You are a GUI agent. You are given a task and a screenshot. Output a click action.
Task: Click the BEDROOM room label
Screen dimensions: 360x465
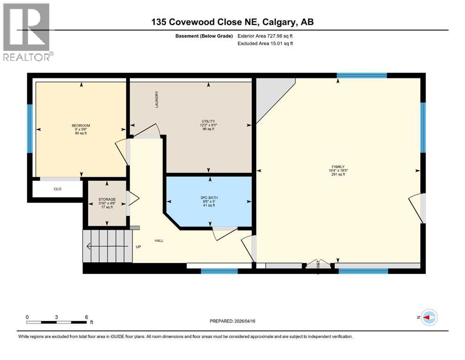[x=81, y=125]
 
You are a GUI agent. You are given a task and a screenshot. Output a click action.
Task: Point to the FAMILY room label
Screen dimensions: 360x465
[x=338, y=166]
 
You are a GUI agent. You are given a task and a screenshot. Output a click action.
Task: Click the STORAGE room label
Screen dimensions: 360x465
[x=106, y=199]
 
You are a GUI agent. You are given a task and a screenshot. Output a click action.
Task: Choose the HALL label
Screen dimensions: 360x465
[x=159, y=241]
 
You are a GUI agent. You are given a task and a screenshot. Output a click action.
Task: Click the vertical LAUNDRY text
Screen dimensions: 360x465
[x=157, y=100]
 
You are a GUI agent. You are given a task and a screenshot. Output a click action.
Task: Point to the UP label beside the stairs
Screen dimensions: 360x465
[x=138, y=247]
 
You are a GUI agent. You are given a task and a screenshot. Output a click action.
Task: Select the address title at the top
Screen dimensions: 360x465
[x=232, y=22]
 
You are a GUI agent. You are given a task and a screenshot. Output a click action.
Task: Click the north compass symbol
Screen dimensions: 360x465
[x=428, y=317]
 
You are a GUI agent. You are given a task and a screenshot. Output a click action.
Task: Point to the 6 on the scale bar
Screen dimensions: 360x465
[x=86, y=317]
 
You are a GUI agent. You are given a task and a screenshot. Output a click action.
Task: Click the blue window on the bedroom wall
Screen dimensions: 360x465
[x=30, y=128]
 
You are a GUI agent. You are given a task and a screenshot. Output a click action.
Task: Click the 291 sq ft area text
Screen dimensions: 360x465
[x=338, y=174]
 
